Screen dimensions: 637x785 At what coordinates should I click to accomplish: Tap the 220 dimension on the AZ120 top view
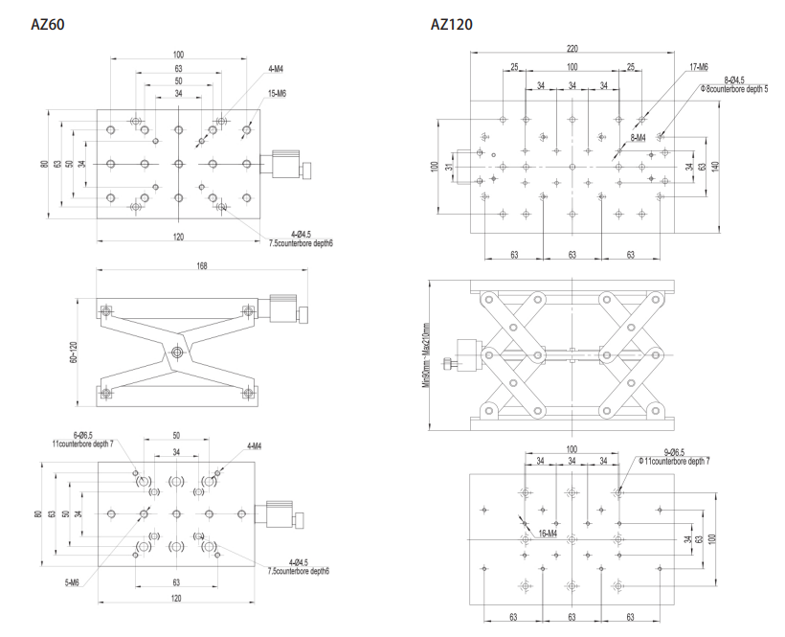pyautogui.click(x=572, y=49)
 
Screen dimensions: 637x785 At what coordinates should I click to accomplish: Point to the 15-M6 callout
pyautogui.click(x=278, y=92)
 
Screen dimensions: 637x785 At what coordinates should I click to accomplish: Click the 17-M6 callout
pyautogui.click(x=699, y=67)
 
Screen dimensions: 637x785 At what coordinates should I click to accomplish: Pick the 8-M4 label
pyautogui.click(x=638, y=138)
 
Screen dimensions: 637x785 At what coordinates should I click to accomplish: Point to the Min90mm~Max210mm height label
pyautogui.click(x=426, y=352)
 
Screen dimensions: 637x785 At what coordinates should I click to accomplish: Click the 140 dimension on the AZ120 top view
pyautogui.click(x=728, y=165)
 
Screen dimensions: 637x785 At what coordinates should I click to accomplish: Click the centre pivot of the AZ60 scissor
pyautogui.click(x=178, y=353)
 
